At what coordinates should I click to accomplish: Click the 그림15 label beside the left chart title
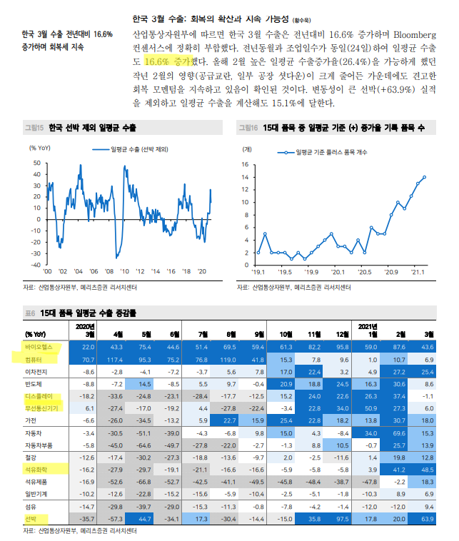[x=33, y=128]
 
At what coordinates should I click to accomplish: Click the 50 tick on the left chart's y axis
[x=38, y=164]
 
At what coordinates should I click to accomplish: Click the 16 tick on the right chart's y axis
[x=246, y=164]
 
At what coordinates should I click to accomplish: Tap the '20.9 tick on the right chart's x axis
[x=390, y=272]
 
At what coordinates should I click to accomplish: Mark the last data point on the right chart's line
[x=425, y=177]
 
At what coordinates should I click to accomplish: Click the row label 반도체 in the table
[x=34, y=383]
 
